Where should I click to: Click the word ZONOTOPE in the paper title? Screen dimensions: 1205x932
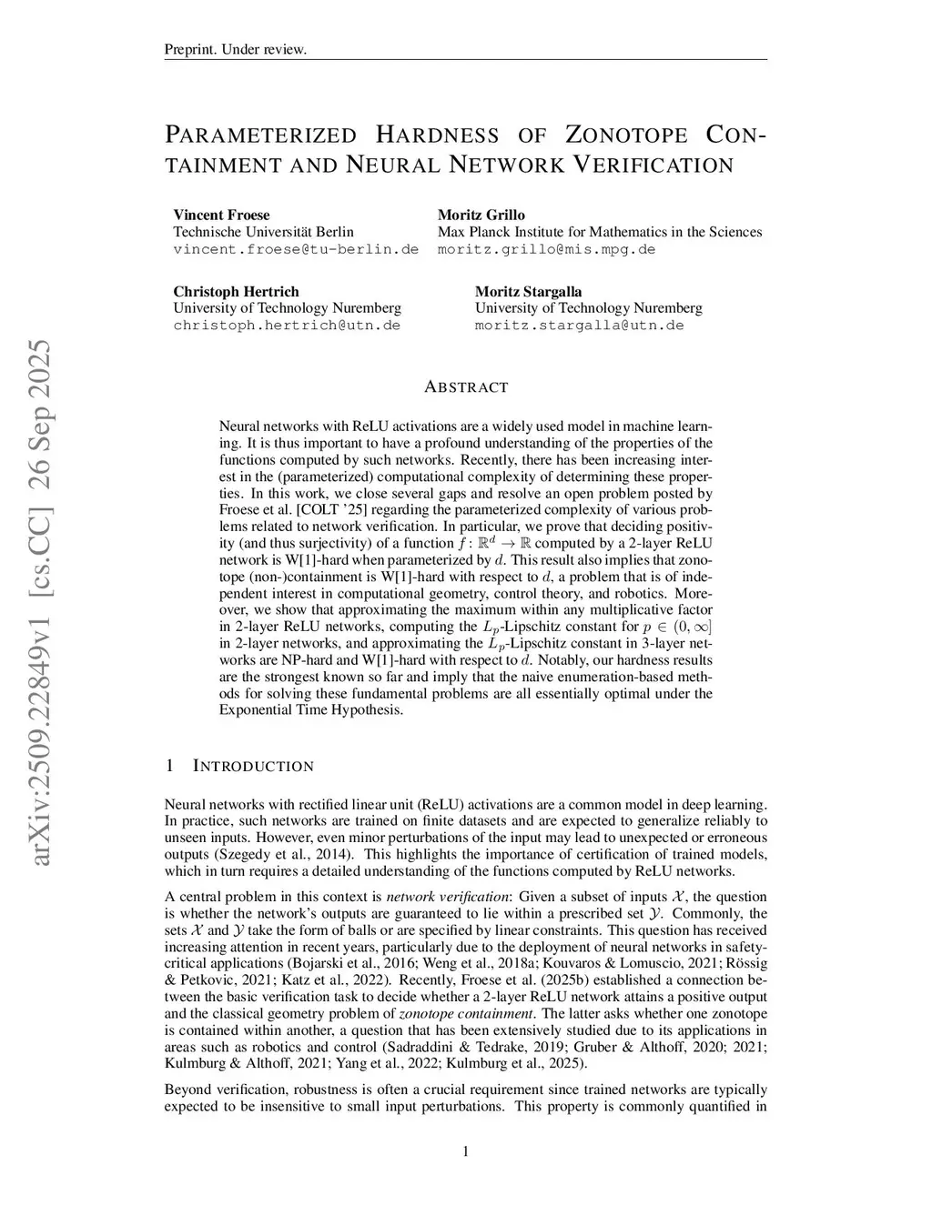pos(626,136)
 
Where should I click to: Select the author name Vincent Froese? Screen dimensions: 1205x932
pos(221,215)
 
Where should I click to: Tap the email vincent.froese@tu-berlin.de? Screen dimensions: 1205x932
pos(296,248)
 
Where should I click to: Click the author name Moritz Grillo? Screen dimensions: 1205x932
pos(481,215)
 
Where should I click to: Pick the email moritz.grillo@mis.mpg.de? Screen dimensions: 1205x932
pos(546,248)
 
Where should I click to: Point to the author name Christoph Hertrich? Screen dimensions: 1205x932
pos(236,291)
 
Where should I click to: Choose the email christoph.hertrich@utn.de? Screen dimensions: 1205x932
pos(287,325)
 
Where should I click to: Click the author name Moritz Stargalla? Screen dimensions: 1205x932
pos(528,291)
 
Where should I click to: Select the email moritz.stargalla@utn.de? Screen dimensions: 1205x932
pos(579,325)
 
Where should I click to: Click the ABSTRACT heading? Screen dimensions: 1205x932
pos(466,387)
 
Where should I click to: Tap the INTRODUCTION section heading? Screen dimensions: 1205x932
pos(253,766)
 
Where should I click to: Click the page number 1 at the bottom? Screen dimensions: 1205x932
pos(466,1152)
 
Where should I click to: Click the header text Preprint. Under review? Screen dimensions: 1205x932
pos(235,49)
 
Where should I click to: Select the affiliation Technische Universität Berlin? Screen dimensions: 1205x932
pos(263,231)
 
